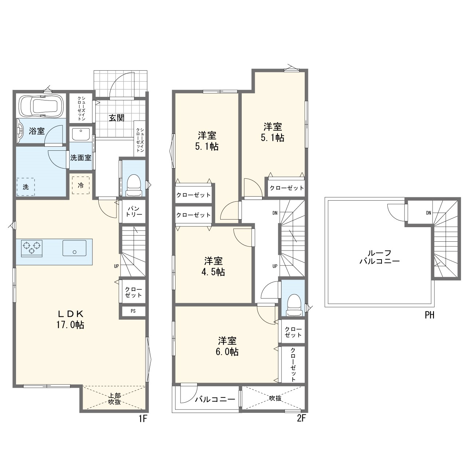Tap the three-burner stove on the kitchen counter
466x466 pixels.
click(x=31, y=248)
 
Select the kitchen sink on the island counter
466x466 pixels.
click(x=74, y=248)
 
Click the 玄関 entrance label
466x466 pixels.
click(x=116, y=118)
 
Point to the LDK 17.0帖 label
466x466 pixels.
click(x=70, y=319)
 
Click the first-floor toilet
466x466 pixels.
click(x=134, y=186)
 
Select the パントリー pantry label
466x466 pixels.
click(x=134, y=211)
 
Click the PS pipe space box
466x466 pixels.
click(x=133, y=311)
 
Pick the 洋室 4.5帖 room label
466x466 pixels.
click(x=213, y=266)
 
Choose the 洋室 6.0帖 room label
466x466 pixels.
click(x=227, y=346)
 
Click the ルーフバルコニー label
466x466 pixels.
click(x=379, y=257)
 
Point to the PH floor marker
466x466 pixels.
click(x=430, y=315)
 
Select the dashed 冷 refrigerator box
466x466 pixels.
click(x=81, y=185)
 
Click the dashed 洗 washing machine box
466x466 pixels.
click(x=25, y=187)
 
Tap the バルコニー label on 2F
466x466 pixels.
click(x=215, y=399)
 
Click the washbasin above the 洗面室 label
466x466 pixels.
click(x=81, y=134)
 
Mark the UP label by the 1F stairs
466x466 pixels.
click(x=116, y=266)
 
